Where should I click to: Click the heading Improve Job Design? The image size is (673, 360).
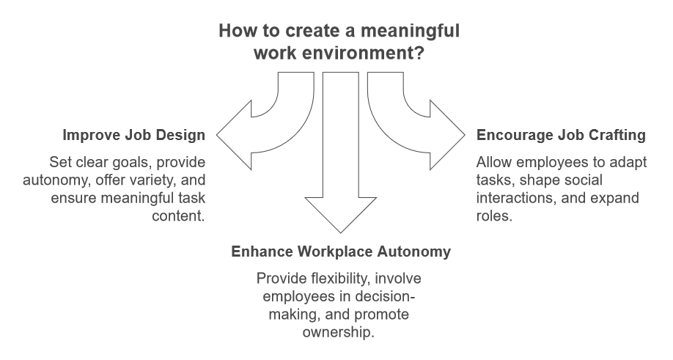pyautogui.click(x=133, y=135)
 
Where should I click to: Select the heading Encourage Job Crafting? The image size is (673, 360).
pyautogui.click(x=561, y=135)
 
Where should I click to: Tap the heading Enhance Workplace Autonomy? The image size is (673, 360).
pyautogui.click(x=341, y=251)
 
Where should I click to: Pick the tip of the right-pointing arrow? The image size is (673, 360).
pyautogui.click(x=465, y=134)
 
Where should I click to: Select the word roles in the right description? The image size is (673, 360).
pyautogui.click(x=492, y=216)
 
